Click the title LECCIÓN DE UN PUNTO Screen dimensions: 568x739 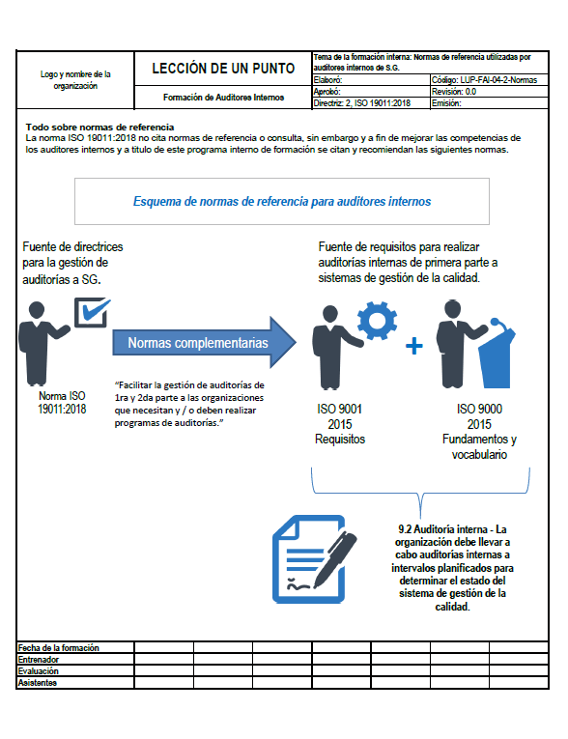223,69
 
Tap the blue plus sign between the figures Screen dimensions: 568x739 413,346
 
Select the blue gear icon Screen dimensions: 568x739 377,321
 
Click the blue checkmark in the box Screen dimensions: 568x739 96,310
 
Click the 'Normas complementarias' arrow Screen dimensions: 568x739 204,342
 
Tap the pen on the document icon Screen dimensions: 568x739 335,559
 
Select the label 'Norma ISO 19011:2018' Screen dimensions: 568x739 62,402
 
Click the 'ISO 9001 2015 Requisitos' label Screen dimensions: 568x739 340,424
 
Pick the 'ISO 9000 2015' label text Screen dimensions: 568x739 479,416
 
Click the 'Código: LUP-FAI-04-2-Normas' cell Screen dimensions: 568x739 490,80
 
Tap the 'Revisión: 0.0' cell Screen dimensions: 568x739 490,92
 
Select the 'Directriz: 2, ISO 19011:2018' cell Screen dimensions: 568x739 371,103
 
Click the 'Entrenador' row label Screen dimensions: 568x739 39,660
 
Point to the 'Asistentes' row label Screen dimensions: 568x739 38,682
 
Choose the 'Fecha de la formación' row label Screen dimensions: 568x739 59,647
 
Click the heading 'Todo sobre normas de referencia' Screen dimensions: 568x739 99,127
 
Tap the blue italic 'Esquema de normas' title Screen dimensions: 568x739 282,201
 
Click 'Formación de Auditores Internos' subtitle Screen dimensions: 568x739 223,98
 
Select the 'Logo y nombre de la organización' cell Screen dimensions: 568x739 75,79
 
